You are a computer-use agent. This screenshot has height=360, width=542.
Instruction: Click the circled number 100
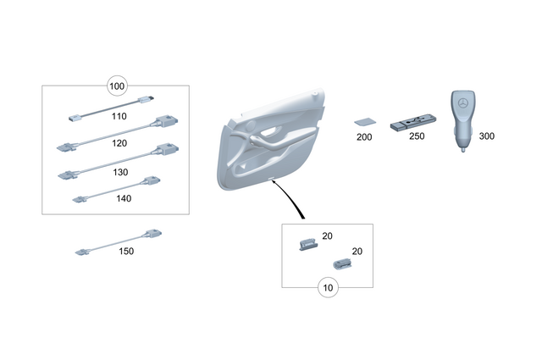tap(117, 86)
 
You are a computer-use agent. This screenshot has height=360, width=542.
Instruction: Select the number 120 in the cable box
tap(120, 143)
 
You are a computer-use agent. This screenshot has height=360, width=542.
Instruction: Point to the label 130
tap(120, 171)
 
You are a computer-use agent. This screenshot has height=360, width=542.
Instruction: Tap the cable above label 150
tap(119, 241)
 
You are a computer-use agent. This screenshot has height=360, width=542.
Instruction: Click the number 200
tap(364, 136)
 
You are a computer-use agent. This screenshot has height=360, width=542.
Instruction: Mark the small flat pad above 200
tap(364, 120)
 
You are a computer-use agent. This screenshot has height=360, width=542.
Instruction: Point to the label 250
tap(417, 136)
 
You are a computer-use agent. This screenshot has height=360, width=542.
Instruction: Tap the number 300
tap(487, 136)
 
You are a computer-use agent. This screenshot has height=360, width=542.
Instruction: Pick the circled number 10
tap(328, 287)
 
